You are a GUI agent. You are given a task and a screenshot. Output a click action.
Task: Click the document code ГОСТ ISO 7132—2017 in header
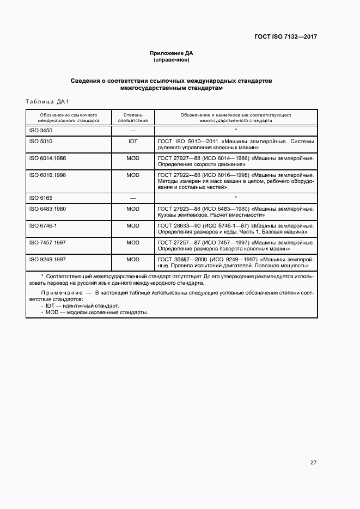click(285, 37)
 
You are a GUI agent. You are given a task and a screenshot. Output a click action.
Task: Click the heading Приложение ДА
click(172, 53)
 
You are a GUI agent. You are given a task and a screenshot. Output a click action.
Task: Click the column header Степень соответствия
click(133, 118)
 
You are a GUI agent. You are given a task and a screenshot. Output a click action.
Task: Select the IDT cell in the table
click(133, 141)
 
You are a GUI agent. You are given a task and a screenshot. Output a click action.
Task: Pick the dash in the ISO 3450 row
click(133, 131)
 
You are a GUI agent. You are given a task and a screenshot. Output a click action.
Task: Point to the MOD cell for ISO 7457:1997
click(133, 242)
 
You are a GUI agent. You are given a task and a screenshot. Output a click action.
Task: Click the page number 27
click(313, 463)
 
